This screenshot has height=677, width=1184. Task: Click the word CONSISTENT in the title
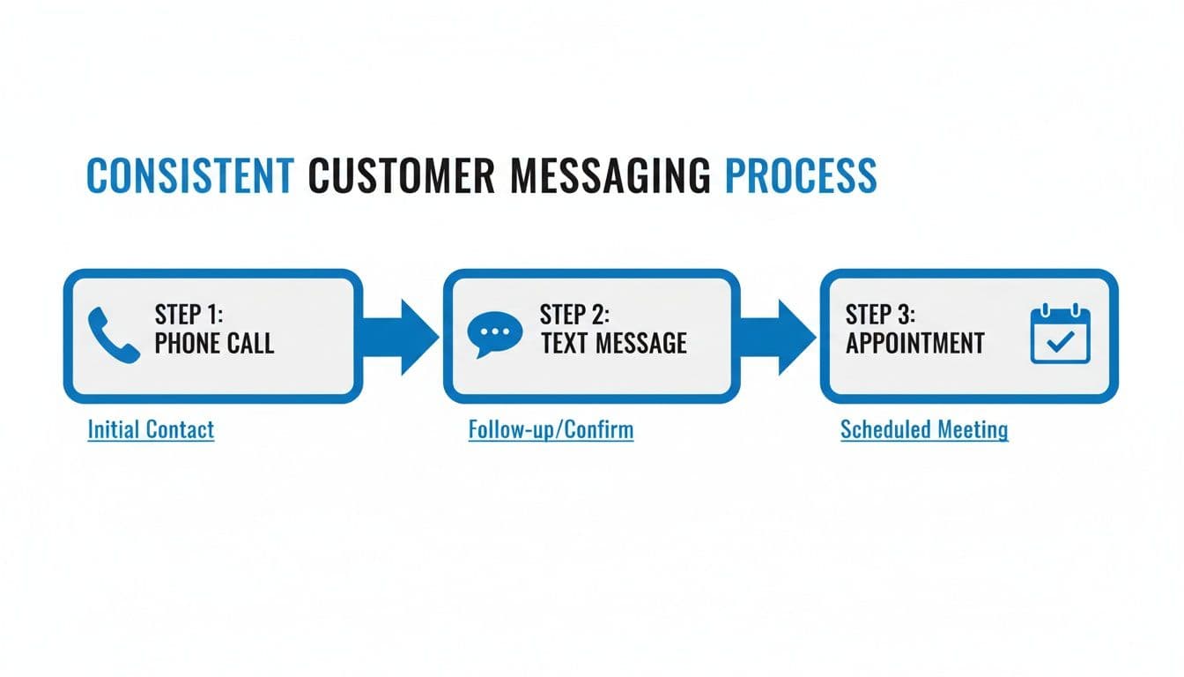(189, 175)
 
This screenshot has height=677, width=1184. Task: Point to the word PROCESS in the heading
(800, 175)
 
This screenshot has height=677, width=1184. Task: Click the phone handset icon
(115, 336)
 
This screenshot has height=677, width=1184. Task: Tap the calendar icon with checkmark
(1061, 334)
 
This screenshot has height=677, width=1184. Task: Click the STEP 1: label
(189, 315)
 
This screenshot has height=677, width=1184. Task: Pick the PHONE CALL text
(214, 343)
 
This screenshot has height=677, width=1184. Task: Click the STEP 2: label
(574, 315)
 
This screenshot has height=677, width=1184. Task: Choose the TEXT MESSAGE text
(613, 343)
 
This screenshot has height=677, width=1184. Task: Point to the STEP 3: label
(880, 315)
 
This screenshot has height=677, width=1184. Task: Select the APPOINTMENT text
(914, 343)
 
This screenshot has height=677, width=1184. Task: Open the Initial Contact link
(151, 430)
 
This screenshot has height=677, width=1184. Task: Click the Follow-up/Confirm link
(551, 430)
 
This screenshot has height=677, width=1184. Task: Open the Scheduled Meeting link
(924, 430)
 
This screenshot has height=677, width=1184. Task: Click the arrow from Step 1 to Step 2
(403, 336)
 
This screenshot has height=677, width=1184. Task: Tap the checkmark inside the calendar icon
(1061, 341)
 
